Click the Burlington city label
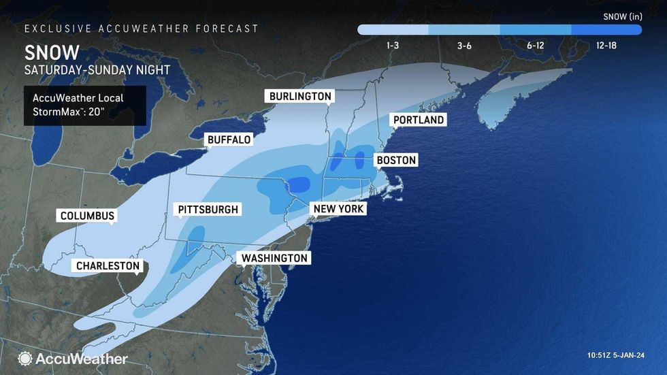pos(300,97)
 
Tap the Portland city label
pos(418,120)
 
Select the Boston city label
pos(395,161)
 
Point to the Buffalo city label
pos(229,140)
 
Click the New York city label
pos(338,209)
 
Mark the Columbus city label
pos(86,216)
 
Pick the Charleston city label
pos(108,266)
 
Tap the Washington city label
pos(274,259)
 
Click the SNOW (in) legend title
pos(622,15)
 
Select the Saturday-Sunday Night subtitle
pos(97,70)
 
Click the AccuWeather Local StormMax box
pos(85,105)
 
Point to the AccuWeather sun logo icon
pos(25,359)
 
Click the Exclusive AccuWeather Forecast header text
pos(142,29)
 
